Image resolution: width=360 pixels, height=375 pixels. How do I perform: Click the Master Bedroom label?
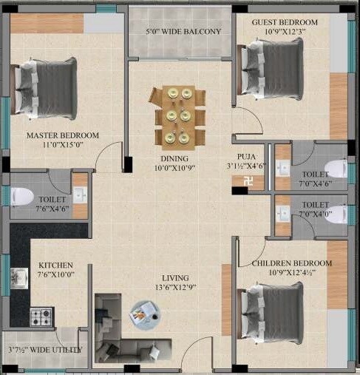63,135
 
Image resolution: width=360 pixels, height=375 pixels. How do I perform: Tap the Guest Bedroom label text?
285,23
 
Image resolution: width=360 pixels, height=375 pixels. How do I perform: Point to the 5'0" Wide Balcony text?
183,33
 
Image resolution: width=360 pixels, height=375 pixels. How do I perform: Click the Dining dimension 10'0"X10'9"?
175,169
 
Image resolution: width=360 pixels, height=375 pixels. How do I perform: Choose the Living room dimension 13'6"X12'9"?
175,287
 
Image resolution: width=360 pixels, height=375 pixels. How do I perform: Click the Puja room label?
247,157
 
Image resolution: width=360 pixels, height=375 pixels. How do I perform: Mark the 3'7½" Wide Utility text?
44,350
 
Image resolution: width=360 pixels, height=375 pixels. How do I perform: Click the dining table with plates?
177,116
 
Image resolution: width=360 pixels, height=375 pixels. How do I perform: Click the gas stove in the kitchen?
41,317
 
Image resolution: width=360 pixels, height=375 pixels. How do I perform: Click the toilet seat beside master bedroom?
21,196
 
